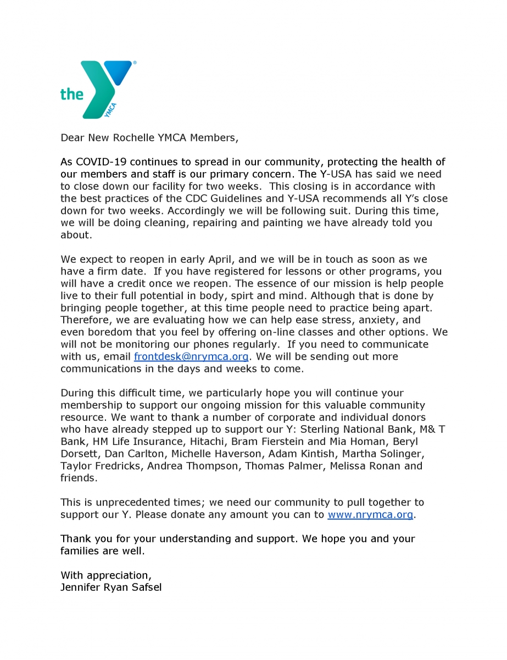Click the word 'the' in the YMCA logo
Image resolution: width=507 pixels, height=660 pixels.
point(72,94)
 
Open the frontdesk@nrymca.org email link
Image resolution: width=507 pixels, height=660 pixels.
point(191,356)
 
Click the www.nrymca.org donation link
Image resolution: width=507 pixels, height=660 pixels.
point(370,515)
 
